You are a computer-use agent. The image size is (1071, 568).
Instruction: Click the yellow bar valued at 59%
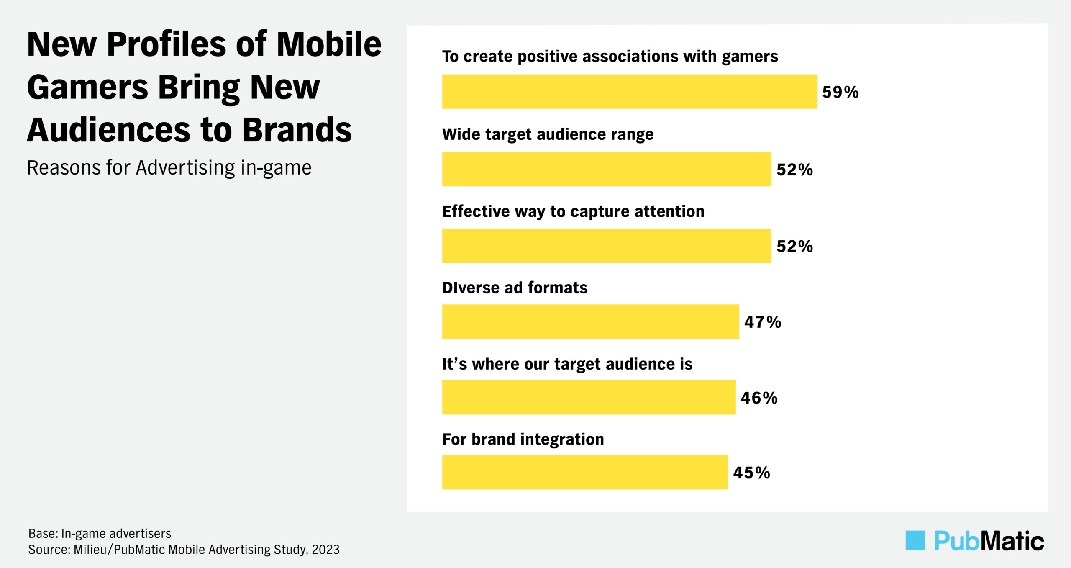coord(629,92)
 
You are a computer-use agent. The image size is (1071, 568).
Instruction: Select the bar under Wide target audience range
coord(606,169)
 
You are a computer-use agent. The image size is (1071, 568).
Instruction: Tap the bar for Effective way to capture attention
coord(606,246)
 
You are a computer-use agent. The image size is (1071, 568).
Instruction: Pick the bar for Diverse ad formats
coord(590,321)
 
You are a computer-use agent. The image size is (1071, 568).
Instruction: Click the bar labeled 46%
coord(589,397)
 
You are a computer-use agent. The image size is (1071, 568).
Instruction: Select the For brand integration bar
coord(584,472)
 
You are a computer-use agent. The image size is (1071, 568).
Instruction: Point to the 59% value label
coord(840,92)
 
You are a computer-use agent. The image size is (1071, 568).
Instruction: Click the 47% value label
coord(762,322)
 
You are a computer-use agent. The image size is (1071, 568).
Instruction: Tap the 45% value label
coord(751,473)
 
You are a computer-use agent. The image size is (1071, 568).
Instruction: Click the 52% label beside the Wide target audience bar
coord(794,170)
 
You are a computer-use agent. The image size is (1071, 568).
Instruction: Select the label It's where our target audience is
coord(567,364)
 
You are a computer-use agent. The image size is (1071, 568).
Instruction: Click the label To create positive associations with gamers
coord(610,56)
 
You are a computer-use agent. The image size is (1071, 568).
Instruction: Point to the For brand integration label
coord(523,439)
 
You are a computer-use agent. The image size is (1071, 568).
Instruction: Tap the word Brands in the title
coord(297,130)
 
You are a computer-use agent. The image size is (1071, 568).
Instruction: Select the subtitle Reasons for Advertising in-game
coord(169,168)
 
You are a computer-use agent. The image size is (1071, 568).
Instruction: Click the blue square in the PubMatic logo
coord(915,540)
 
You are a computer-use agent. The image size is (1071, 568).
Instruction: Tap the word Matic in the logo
coord(1012,541)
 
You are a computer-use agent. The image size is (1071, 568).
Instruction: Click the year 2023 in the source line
coord(325,549)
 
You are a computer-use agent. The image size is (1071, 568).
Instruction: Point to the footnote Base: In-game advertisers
coord(100,533)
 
